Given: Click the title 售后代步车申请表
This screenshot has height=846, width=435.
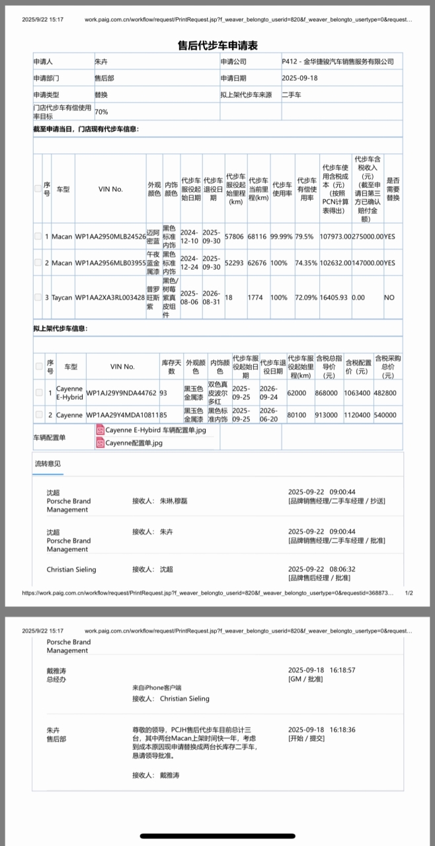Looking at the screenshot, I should pyautogui.click(x=217, y=46).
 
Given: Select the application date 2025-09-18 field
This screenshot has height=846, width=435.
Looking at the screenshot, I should pyautogui.click(x=299, y=78).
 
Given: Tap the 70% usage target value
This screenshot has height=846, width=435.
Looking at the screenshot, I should pyautogui.click(x=102, y=112).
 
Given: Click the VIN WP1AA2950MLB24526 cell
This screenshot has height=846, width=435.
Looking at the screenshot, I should pyautogui.click(x=110, y=236).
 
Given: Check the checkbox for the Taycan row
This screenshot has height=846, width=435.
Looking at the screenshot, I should pyautogui.click(x=38, y=297).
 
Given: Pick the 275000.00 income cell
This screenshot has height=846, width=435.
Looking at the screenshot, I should pyautogui.click(x=368, y=236).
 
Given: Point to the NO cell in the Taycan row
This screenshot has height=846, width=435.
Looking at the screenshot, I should pyautogui.click(x=389, y=297).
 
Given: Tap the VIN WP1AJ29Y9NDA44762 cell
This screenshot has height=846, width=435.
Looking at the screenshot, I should pyautogui.click(x=122, y=393).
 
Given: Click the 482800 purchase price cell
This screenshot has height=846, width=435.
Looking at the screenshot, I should pyautogui.click(x=385, y=393).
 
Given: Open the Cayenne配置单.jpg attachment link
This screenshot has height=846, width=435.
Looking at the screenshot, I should pyautogui.click(x=134, y=443).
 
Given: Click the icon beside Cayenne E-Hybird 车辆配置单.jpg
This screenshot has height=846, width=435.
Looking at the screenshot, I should pyautogui.click(x=100, y=430).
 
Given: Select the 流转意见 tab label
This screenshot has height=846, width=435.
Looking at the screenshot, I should pyautogui.click(x=48, y=464).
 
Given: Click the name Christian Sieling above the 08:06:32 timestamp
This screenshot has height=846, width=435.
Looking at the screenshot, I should pyautogui.click(x=71, y=569).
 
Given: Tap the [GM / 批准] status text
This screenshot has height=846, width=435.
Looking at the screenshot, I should pyautogui.click(x=305, y=679).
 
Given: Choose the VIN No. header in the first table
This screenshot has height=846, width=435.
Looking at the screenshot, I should pyautogui.click(x=110, y=189).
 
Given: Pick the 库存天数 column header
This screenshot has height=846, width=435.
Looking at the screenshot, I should pyautogui.click(x=171, y=367).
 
